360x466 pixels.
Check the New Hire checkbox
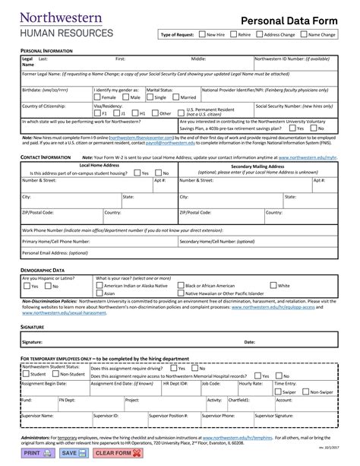tap(201, 35)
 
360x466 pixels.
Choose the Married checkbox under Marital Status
tap(177, 97)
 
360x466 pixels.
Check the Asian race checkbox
tap(99, 293)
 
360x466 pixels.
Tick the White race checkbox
tap(273, 286)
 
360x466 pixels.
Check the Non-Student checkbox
tap(55, 374)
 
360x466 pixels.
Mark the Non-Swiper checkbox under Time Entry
tap(306, 392)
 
